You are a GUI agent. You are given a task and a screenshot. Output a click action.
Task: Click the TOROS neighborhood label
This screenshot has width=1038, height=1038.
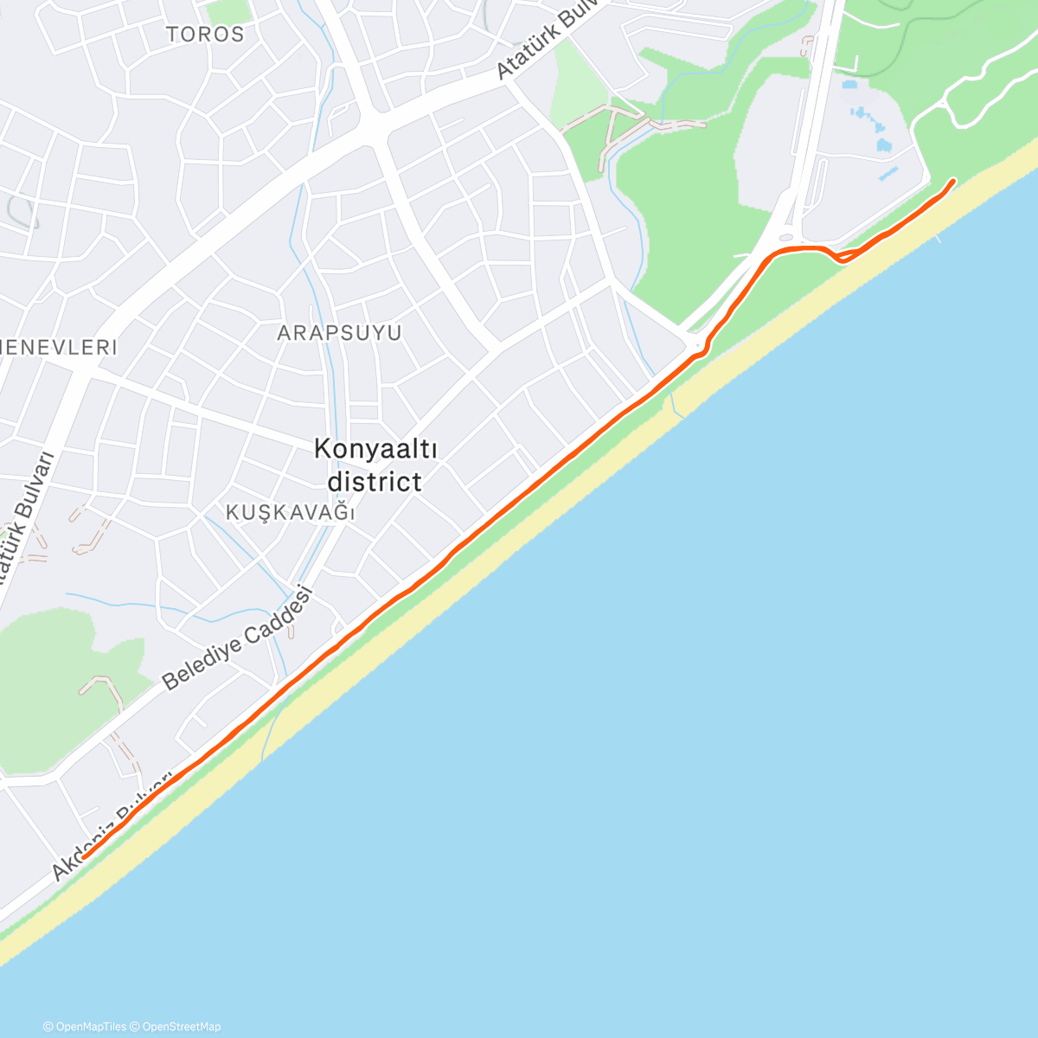(x=205, y=35)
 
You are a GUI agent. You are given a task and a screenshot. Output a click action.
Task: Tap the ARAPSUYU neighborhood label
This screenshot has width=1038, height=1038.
(x=339, y=333)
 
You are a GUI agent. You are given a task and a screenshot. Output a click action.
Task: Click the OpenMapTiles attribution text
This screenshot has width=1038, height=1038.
(x=85, y=1027)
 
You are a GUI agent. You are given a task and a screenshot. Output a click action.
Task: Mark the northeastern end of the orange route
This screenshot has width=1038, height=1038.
(x=953, y=181)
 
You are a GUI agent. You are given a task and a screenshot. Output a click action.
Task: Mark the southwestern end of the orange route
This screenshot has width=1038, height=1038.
(x=85, y=857)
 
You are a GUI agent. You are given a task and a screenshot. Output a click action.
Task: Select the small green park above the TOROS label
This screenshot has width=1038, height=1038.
(x=227, y=10)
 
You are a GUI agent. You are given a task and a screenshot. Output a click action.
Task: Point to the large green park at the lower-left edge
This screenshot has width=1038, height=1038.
(x=52, y=692)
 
